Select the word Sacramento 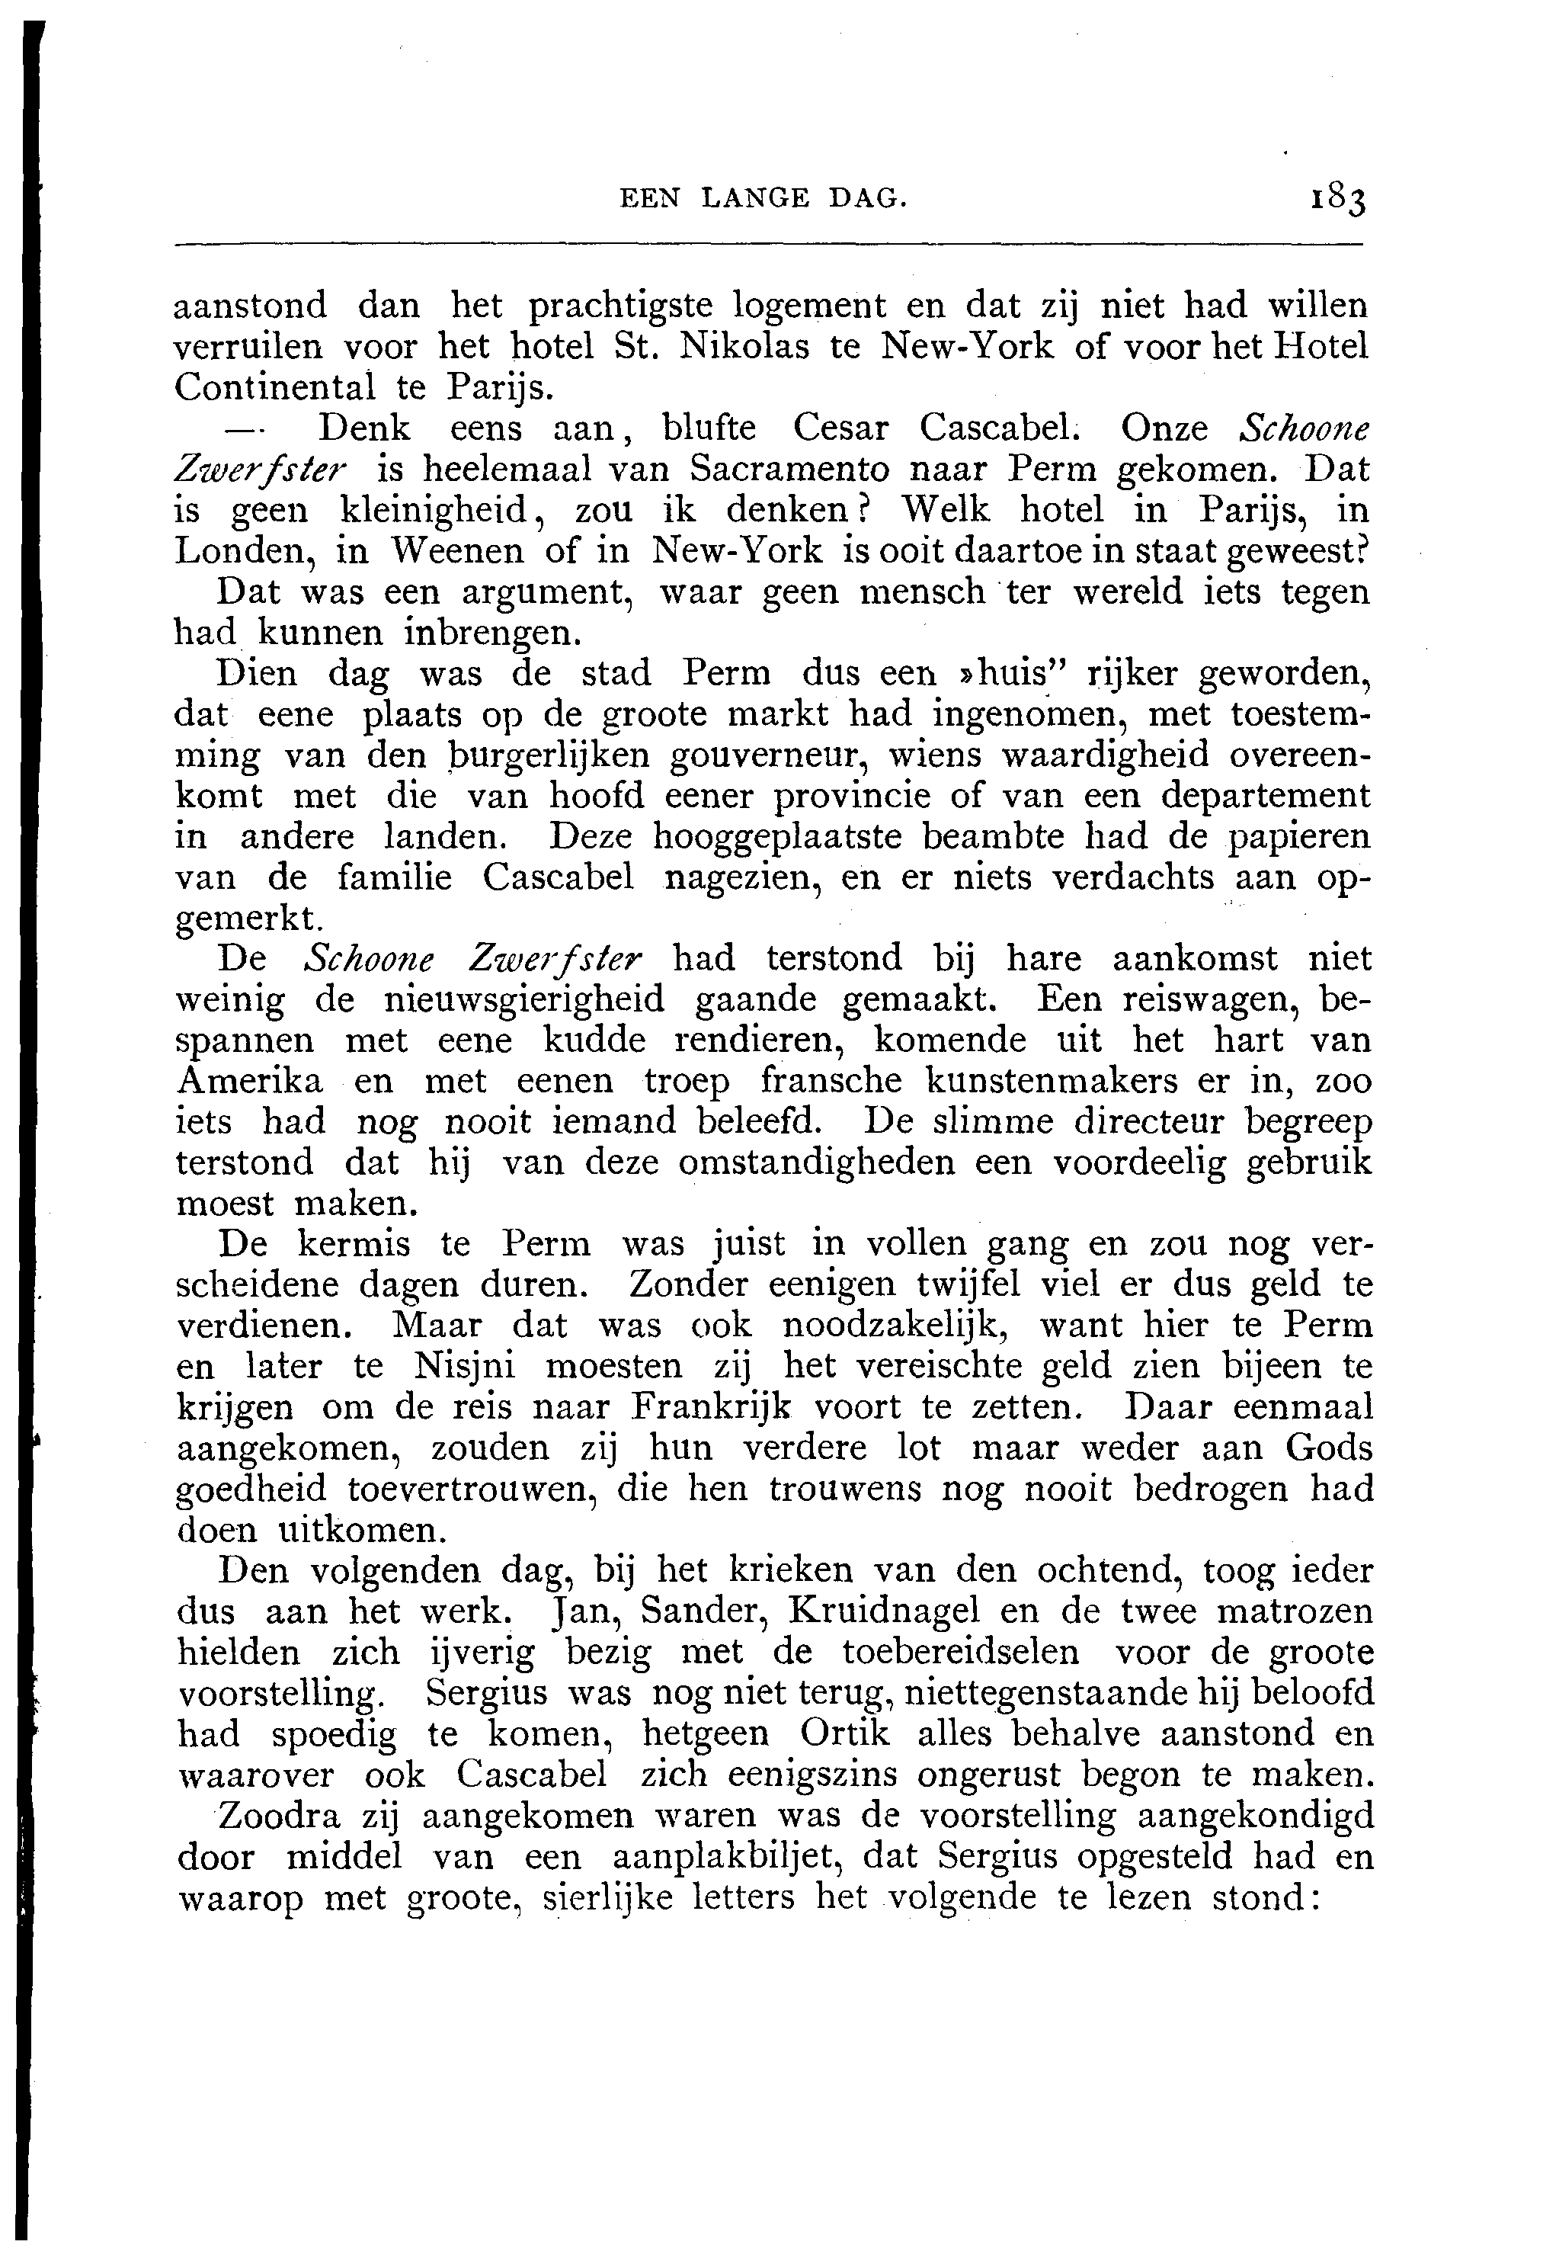pyautogui.click(x=790, y=470)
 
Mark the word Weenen pyautogui.click(x=457, y=552)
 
